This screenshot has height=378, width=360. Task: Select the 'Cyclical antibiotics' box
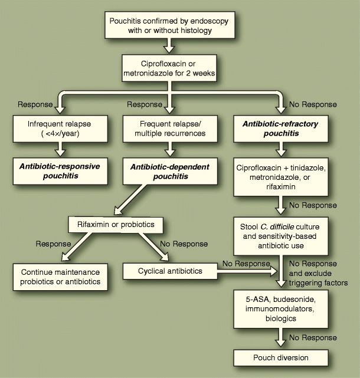point(162,271)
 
